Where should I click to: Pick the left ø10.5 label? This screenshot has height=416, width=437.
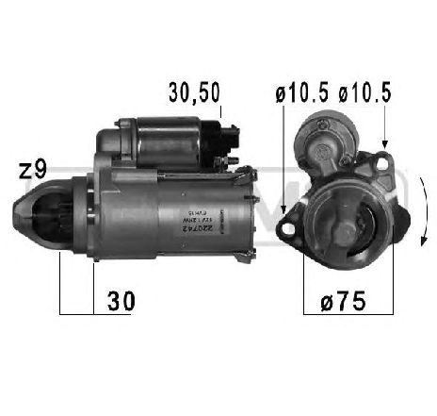(x=294, y=92)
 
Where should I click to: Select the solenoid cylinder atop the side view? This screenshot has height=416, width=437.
(x=160, y=140)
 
